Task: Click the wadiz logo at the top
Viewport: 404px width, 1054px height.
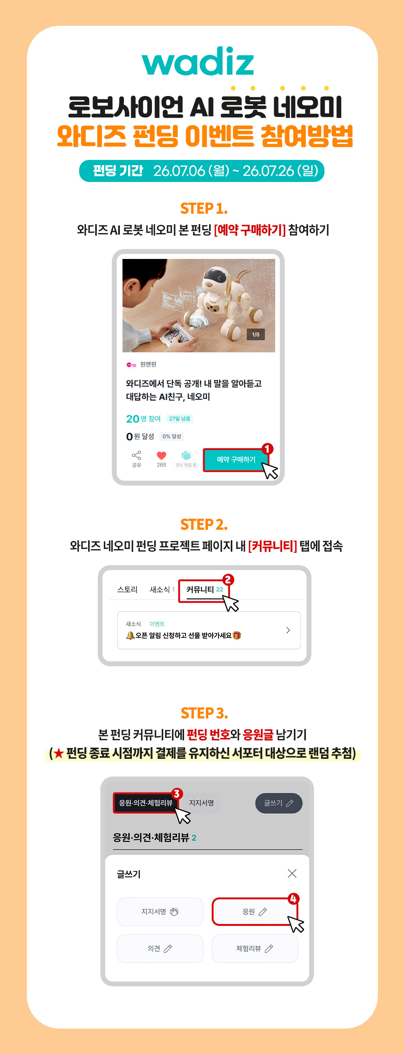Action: [198, 61]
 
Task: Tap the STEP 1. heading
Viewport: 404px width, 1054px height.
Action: [203, 208]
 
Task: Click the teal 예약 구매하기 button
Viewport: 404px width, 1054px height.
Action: [236, 460]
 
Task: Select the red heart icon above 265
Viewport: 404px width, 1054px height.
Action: [162, 455]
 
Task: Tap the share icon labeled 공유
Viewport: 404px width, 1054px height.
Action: [137, 455]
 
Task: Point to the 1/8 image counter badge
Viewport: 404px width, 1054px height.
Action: [255, 334]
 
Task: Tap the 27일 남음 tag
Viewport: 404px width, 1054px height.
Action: [180, 418]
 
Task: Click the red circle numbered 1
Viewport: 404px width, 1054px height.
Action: [267, 449]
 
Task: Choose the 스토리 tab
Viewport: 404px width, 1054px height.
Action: [127, 590]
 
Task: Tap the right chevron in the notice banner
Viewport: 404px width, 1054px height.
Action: [288, 630]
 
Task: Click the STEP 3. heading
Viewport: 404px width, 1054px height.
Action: [204, 713]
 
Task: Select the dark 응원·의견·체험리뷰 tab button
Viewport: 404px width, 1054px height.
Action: [146, 803]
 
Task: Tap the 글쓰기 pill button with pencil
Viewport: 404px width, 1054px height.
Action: [279, 803]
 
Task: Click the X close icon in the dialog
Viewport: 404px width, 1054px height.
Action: [292, 874]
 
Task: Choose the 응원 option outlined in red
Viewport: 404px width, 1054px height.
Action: [255, 912]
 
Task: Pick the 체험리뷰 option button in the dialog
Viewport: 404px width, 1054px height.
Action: [255, 948]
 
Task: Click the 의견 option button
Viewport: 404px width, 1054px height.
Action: [160, 948]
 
